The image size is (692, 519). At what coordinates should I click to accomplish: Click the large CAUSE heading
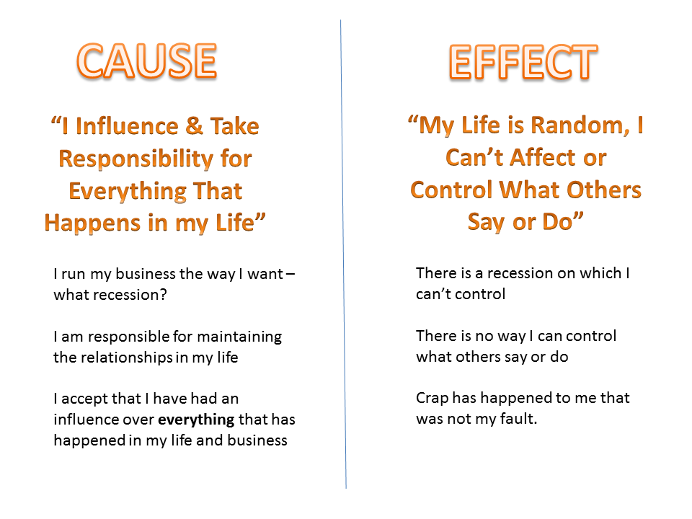(x=146, y=61)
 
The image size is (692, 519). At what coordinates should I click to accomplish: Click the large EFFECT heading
(x=523, y=62)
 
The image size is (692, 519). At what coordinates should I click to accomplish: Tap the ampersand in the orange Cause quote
(x=194, y=125)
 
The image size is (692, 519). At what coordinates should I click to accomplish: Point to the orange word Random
(x=580, y=125)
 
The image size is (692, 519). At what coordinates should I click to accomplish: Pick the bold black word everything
(x=196, y=420)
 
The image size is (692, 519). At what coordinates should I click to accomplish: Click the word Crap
(x=432, y=399)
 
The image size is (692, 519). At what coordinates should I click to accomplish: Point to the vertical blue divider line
(x=343, y=254)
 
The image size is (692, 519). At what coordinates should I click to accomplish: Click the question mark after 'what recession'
(x=164, y=295)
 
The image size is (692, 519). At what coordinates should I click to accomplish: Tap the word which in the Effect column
(x=600, y=273)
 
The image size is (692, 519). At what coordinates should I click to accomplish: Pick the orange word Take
(x=234, y=126)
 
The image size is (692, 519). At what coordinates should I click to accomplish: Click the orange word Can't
(x=474, y=157)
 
